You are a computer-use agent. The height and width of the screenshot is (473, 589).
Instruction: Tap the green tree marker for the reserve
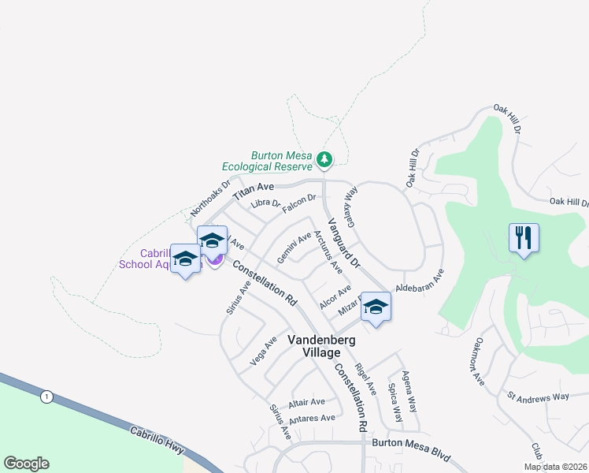coord(324,160)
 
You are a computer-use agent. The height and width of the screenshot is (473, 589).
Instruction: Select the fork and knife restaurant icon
coord(524,238)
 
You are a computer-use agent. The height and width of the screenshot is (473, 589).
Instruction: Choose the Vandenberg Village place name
coord(321,346)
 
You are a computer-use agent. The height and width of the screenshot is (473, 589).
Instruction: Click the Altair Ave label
coord(306,403)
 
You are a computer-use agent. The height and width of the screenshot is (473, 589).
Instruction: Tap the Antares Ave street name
coord(313,419)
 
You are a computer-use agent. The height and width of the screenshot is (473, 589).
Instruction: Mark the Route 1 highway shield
coord(47,397)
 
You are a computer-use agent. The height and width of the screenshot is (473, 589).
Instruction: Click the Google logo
coord(26,464)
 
